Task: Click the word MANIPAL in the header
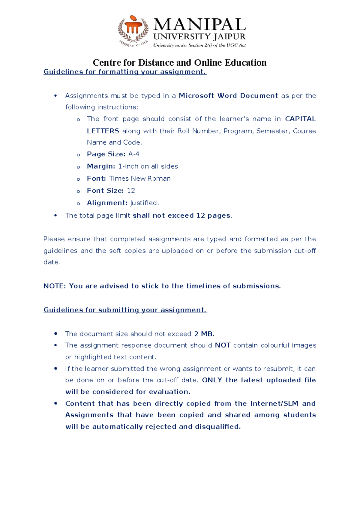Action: click(x=199, y=25)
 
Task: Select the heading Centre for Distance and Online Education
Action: click(x=179, y=62)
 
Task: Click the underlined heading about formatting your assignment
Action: click(x=125, y=72)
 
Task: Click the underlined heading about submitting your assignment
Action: click(x=125, y=310)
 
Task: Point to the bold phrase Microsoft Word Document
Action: click(x=228, y=96)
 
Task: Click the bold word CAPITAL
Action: click(x=300, y=119)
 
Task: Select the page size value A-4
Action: click(x=134, y=154)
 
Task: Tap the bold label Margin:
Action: click(x=101, y=166)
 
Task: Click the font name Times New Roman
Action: click(x=140, y=179)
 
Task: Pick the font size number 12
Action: click(x=131, y=191)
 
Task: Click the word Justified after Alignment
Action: click(x=144, y=203)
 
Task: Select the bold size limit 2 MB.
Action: click(x=204, y=334)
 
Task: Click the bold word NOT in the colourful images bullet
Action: click(x=223, y=345)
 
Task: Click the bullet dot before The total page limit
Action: click(x=55, y=215)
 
